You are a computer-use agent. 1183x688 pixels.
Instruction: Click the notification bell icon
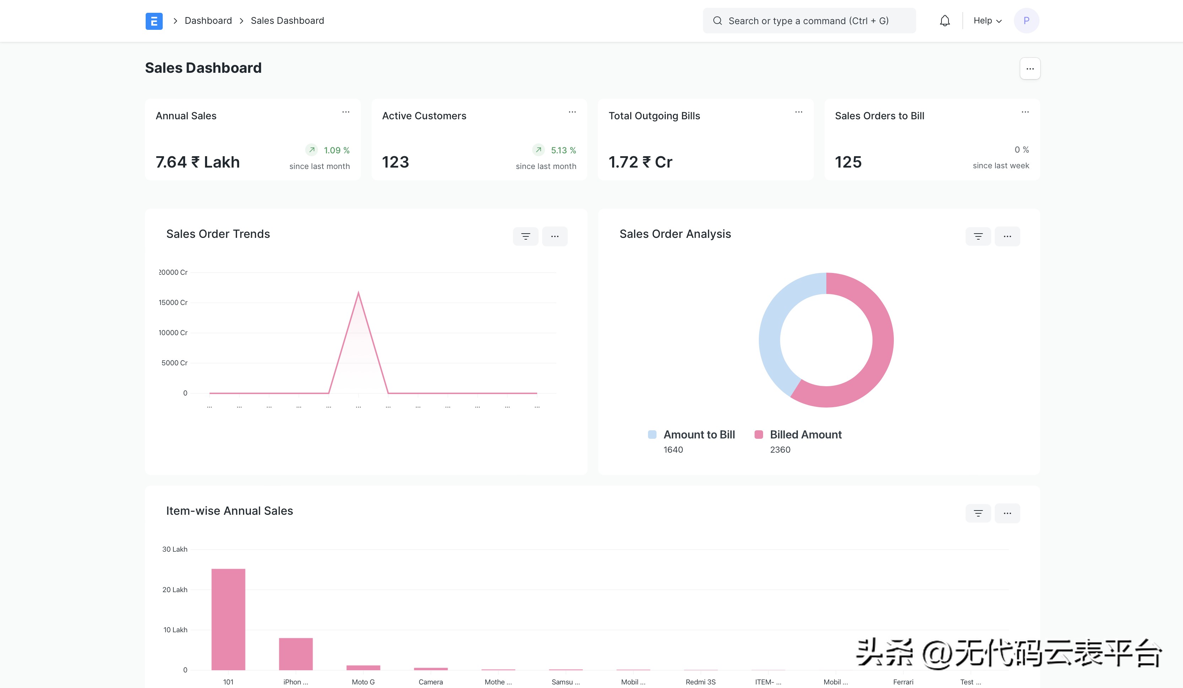[945, 21]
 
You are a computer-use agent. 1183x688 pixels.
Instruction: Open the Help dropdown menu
[987, 21]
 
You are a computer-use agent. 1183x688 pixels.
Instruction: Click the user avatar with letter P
[1026, 21]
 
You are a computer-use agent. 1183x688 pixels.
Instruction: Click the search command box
[809, 21]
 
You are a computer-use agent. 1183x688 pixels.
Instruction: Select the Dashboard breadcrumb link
[208, 21]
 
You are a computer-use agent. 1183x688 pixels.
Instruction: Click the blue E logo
[154, 21]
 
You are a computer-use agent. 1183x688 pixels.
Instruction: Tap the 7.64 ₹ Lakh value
[198, 162]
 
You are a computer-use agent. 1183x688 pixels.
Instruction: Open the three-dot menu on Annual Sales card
[346, 112]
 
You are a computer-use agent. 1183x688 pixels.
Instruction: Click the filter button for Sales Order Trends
[525, 236]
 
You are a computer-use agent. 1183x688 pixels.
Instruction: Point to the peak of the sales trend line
[358, 292]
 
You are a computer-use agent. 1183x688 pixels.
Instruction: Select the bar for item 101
[228, 619]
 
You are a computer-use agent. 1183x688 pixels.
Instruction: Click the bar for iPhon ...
[296, 654]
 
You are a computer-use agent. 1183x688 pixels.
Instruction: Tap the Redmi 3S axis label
[701, 682]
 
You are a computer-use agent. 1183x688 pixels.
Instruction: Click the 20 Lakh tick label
[175, 590]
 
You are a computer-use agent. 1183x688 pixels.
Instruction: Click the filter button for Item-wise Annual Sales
[978, 513]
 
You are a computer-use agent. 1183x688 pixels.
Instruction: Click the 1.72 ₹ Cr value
[640, 162]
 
